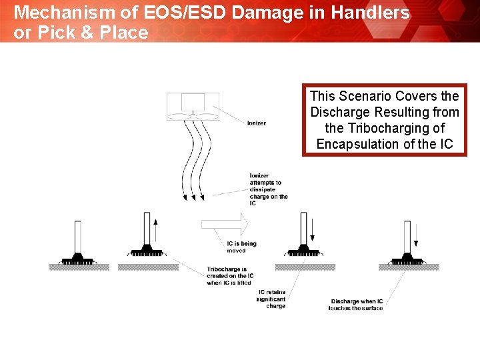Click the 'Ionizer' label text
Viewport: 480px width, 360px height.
click(256, 123)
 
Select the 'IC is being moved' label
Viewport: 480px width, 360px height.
click(241, 247)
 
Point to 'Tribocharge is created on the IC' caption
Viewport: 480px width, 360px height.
click(229, 276)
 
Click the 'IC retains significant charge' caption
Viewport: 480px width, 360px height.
click(271, 299)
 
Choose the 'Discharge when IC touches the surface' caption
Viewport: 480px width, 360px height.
click(357, 305)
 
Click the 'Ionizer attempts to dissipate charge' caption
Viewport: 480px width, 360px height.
click(269, 189)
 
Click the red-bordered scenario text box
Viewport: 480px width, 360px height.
click(385, 120)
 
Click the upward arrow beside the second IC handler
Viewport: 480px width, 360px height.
click(155, 229)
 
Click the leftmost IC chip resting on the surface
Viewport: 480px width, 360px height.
click(78, 259)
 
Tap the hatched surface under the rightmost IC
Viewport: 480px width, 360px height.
click(408, 267)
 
